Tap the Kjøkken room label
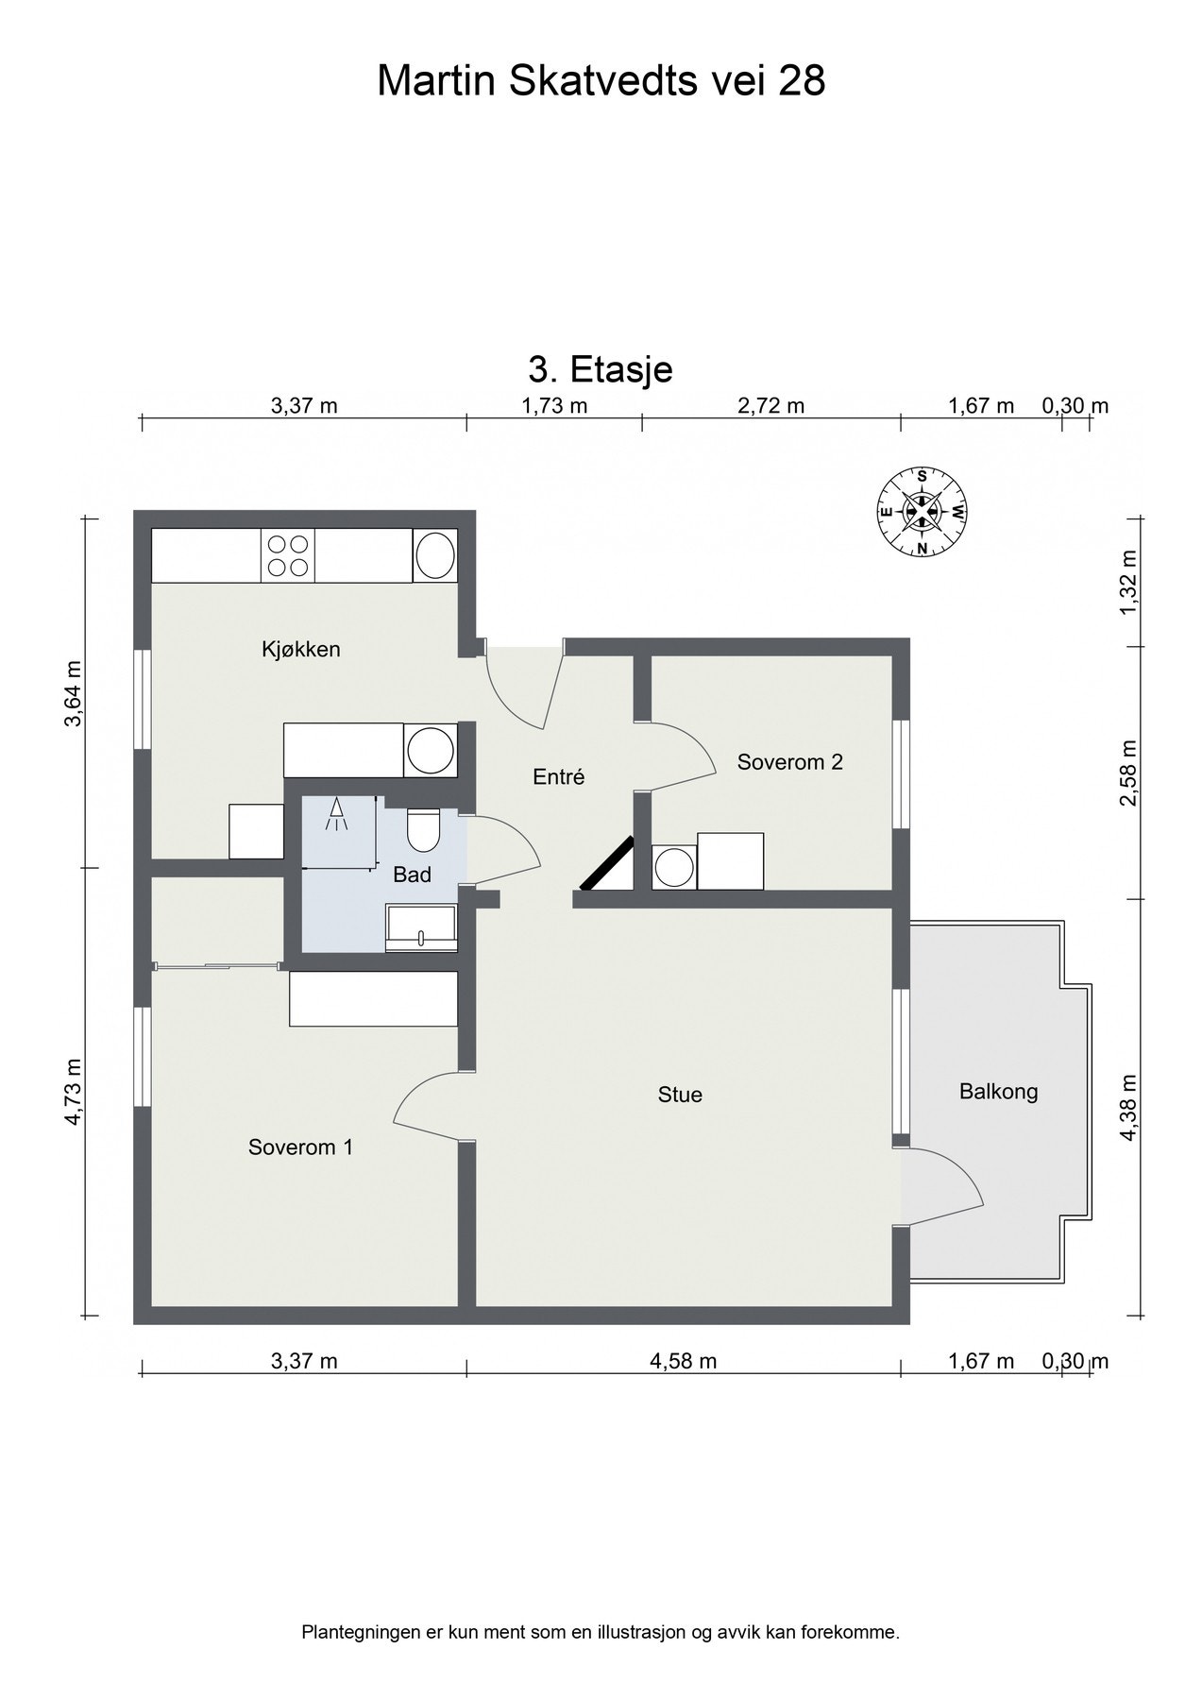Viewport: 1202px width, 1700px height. tap(300, 650)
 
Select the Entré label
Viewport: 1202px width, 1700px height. tap(559, 777)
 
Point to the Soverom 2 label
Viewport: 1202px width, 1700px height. tap(789, 762)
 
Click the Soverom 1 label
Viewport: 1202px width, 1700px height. tap(300, 1147)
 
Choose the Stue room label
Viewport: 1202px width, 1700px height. tap(680, 1096)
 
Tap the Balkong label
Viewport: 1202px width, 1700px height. tap(998, 1092)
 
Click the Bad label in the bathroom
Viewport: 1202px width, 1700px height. tap(412, 875)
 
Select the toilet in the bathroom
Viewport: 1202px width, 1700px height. tap(421, 829)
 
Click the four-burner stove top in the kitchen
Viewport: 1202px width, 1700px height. tap(287, 555)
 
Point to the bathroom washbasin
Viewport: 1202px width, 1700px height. tap(420, 926)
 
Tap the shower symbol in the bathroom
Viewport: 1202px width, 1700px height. tap(336, 815)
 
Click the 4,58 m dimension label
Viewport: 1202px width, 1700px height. tap(683, 1361)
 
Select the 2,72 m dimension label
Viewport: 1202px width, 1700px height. tap(770, 406)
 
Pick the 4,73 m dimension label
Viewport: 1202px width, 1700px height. tap(74, 1093)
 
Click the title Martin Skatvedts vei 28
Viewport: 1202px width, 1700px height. tap(601, 81)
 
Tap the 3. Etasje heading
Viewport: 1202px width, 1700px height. tap(601, 368)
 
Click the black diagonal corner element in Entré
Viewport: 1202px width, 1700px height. tap(606, 865)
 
